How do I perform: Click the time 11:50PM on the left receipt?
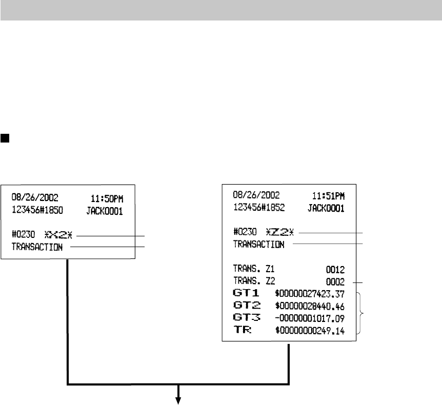pyautogui.click(x=107, y=198)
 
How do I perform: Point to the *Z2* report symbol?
pyautogui.click(x=282, y=232)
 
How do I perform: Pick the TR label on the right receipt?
pyautogui.click(x=242, y=331)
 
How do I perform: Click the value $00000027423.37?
pyautogui.click(x=310, y=294)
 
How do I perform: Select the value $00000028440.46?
pyautogui.click(x=310, y=307)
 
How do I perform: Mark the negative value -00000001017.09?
pyautogui.click(x=310, y=319)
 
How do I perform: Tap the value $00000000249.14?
pyautogui.click(x=310, y=331)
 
